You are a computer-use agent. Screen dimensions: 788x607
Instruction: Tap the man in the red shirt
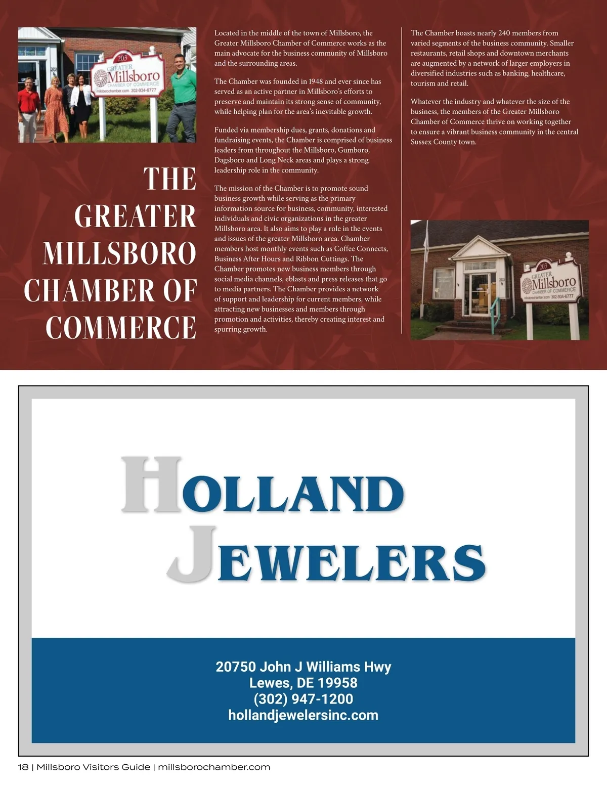(x=28, y=106)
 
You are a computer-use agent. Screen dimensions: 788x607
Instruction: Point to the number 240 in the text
(x=504, y=33)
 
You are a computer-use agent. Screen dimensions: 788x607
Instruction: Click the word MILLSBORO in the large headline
(x=119, y=253)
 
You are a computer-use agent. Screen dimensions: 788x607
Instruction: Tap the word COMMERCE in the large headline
(x=121, y=327)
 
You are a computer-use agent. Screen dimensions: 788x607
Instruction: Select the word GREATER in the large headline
(x=135, y=216)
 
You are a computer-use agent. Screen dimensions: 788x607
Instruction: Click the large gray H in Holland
(x=151, y=484)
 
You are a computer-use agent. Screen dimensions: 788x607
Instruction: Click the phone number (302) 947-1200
(x=303, y=699)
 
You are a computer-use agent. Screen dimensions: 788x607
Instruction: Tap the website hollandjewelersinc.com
(x=303, y=715)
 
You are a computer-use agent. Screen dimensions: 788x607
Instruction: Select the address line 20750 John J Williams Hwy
(x=303, y=667)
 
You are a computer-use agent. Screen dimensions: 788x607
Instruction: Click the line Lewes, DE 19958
(x=303, y=683)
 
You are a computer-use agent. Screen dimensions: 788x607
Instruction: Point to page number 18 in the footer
(x=23, y=767)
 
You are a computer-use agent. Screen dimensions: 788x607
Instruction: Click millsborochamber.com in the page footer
(x=214, y=767)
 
